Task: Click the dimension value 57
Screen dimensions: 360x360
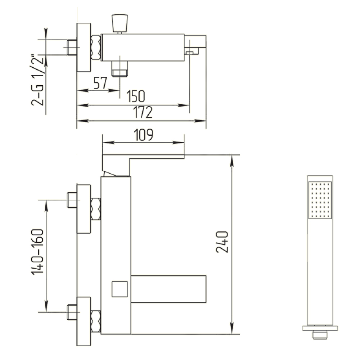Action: (x=100, y=83)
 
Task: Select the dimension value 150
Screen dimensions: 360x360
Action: (x=136, y=96)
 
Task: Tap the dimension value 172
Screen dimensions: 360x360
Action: (x=143, y=112)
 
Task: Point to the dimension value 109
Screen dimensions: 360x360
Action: (x=143, y=135)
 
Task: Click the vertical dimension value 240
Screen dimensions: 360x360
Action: (x=222, y=242)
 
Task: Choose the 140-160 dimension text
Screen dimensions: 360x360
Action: (x=37, y=252)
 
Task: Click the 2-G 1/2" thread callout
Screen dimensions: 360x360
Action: (x=37, y=80)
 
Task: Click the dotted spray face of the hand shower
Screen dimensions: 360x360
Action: (x=320, y=200)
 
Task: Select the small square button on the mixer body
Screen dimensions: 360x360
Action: (x=120, y=289)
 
